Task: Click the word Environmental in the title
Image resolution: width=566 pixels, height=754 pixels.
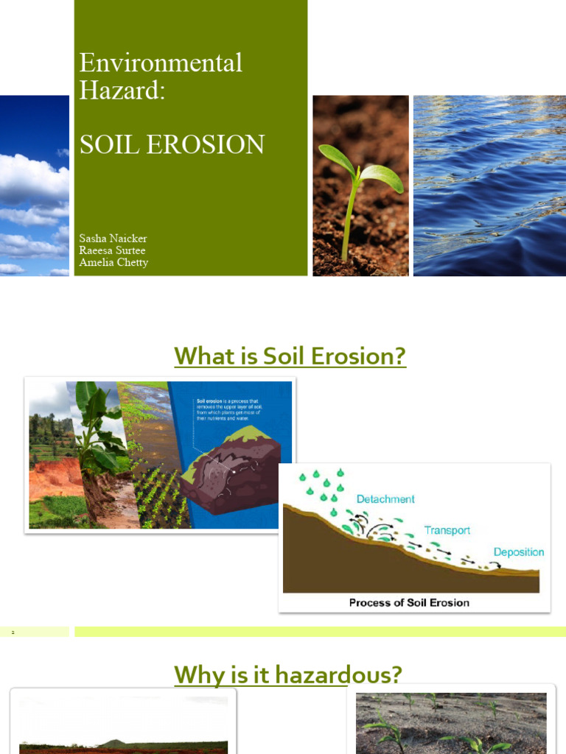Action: (x=161, y=63)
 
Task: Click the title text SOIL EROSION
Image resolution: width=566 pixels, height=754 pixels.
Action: (x=172, y=144)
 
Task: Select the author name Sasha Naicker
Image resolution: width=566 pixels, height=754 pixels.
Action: (x=113, y=239)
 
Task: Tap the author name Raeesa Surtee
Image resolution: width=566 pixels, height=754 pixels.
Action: (x=112, y=250)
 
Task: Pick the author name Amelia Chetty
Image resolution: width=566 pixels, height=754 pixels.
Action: (x=113, y=262)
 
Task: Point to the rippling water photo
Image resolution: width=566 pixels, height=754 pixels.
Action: (x=489, y=186)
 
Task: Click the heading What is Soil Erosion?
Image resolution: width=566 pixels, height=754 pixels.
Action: (x=290, y=356)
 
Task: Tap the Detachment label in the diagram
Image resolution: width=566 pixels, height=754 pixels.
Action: (x=385, y=499)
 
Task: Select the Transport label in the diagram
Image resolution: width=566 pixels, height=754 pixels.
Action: (x=447, y=530)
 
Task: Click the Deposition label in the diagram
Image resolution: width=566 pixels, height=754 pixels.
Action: (x=518, y=552)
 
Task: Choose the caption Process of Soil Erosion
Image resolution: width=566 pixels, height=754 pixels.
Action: (x=409, y=602)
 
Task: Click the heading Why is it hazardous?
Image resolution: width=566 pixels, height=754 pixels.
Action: (x=287, y=674)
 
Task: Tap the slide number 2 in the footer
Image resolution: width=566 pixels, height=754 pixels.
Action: (x=13, y=632)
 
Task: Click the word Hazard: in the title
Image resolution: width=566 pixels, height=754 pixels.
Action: (x=122, y=91)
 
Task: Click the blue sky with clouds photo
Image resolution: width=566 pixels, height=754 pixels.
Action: (x=34, y=186)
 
